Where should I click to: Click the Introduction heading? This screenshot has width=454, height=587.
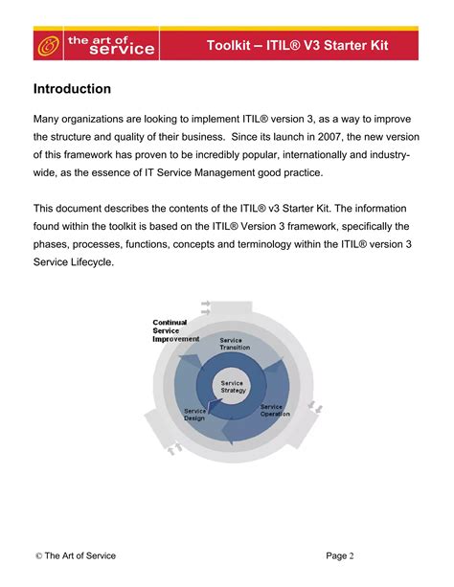(x=72, y=89)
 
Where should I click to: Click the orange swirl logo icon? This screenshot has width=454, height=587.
(x=46, y=45)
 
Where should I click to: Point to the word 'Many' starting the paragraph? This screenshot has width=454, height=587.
(x=49, y=118)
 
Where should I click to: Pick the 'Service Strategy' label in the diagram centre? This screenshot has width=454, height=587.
(x=233, y=387)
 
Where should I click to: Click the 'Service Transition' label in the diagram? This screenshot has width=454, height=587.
(x=235, y=343)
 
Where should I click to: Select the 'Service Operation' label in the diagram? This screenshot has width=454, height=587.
(x=275, y=409)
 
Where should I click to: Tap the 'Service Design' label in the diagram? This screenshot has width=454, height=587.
(x=196, y=414)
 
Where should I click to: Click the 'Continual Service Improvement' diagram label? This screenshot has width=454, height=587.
(x=175, y=330)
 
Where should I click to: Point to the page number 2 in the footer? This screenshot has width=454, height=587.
(x=352, y=555)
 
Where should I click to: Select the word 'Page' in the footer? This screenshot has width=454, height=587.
(x=335, y=555)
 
